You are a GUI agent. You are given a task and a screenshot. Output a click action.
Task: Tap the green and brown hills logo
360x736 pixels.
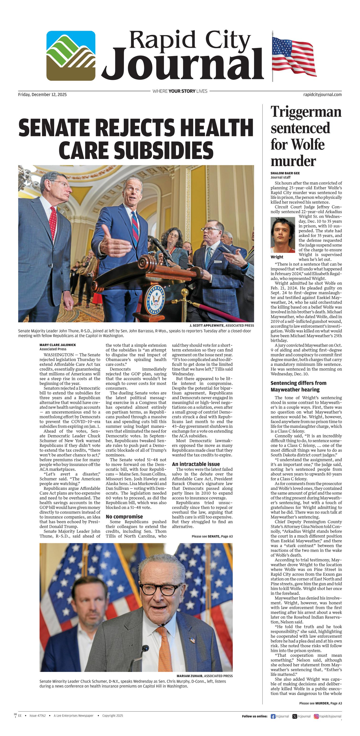click(71, 56)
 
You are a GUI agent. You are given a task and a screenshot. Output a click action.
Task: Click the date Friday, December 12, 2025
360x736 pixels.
click(42, 95)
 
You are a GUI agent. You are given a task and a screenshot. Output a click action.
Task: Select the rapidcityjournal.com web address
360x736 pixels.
click(322, 95)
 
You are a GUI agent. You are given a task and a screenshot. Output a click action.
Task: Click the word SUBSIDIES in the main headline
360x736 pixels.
click(136, 151)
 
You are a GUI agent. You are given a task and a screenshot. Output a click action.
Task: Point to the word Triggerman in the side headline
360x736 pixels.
click(306, 112)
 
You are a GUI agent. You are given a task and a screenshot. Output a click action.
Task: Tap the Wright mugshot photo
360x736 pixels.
click(283, 235)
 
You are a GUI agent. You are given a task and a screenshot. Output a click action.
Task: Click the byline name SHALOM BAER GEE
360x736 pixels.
click(285, 173)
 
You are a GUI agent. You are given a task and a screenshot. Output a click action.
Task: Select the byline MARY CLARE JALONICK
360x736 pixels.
click(58, 345)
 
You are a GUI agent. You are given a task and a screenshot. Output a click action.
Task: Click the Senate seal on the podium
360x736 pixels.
click(154, 300)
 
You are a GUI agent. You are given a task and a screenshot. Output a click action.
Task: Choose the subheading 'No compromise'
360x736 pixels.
click(124, 517)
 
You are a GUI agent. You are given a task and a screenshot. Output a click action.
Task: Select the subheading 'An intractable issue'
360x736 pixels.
click(196, 464)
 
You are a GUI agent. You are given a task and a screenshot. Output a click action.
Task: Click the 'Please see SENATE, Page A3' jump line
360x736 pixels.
click(212, 536)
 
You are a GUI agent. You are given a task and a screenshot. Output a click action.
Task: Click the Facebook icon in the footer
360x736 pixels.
click(273, 716)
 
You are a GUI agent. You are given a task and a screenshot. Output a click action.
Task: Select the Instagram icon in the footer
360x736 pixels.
click(316, 716)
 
